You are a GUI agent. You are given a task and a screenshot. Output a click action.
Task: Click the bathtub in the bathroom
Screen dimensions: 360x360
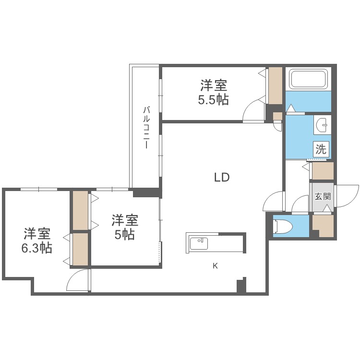[308, 79]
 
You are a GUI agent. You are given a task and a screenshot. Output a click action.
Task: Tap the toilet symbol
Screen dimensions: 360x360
[283, 227]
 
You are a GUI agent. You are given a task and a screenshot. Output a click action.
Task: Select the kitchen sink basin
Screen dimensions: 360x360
[199, 243]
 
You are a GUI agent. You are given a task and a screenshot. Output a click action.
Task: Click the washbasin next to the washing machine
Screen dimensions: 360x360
[323, 125]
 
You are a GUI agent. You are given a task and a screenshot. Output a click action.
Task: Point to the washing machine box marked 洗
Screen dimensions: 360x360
[321, 149]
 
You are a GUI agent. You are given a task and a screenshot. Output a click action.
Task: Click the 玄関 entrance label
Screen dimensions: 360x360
[323, 196]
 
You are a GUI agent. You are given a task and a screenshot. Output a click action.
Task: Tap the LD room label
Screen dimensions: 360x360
[222, 177]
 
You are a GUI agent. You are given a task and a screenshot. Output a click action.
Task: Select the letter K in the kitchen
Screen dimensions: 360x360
[215, 266]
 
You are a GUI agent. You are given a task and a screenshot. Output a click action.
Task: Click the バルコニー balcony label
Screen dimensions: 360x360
[146, 127]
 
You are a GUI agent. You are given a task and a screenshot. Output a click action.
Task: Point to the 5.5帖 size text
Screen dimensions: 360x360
[213, 100]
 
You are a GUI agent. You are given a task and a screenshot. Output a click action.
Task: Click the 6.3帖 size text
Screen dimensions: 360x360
[37, 248]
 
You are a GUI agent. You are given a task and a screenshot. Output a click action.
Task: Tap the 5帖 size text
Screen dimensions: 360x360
[125, 235]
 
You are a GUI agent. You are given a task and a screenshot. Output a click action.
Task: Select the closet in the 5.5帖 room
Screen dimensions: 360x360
[276, 85]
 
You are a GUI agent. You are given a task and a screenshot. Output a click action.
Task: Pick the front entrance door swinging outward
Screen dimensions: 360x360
[347, 196]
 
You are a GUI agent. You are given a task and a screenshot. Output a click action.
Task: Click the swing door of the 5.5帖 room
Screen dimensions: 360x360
[254, 110]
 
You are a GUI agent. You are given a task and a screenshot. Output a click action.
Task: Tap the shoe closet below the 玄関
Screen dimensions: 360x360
[323, 226]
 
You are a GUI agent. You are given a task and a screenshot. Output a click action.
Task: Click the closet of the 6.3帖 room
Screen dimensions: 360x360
[80, 249]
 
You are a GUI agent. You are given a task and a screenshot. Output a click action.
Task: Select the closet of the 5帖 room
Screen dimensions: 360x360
[80, 210]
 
